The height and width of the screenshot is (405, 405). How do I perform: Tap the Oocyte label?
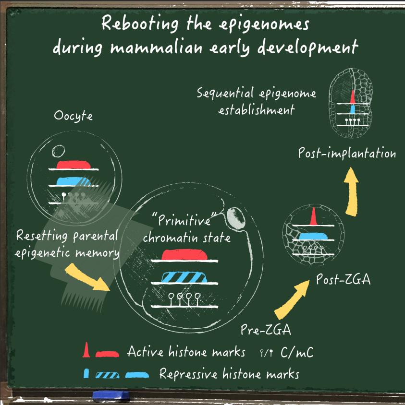pyautogui.click(x=74, y=117)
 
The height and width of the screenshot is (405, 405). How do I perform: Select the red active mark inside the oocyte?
pyautogui.click(x=74, y=165)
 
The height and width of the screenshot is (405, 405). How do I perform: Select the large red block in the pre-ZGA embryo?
pyautogui.click(x=184, y=254)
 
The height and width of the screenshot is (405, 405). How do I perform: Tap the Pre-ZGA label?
pyautogui.click(x=260, y=331)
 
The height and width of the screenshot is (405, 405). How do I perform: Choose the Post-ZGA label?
pyautogui.click(x=343, y=279)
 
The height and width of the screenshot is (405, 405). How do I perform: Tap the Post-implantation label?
pyautogui.click(x=347, y=154)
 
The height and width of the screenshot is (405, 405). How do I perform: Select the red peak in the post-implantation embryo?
pyautogui.click(x=352, y=97)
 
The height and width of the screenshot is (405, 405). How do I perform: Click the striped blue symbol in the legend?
pyautogui.click(x=108, y=374)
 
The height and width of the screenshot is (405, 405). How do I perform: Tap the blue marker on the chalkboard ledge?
pyautogui.click(x=110, y=395)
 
